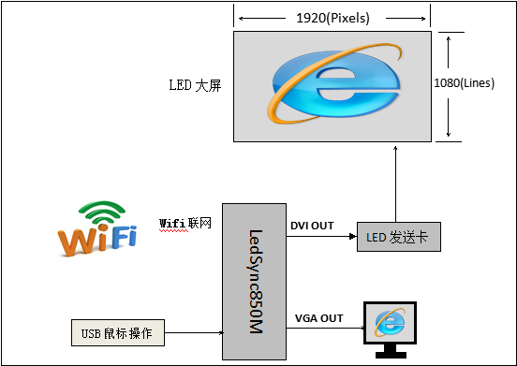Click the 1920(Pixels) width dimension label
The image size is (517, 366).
click(x=332, y=18)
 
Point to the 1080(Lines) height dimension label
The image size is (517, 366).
click(x=465, y=83)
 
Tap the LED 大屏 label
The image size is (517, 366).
click(x=195, y=86)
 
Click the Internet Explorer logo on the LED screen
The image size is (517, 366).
click(x=335, y=83)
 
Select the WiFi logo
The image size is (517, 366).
click(x=97, y=228)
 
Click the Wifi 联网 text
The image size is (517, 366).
click(x=185, y=224)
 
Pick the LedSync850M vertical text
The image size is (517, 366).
click(x=256, y=282)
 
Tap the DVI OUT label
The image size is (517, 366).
click(x=312, y=226)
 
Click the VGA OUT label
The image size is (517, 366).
click(x=318, y=318)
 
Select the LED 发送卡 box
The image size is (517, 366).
click(x=399, y=237)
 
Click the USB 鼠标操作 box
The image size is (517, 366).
click(x=118, y=332)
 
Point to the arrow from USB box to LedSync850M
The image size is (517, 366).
click(x=194, y=332)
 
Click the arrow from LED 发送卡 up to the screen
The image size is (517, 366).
click(x=395, y=184)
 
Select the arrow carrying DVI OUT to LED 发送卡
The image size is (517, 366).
click(x=321, y=236)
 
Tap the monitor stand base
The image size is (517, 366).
click(x=391, y=355)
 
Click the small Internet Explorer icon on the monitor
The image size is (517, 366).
click(x=390, y=323)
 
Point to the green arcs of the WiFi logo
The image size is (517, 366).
click(x=102, y=212)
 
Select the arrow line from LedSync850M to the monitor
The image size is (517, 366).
click(x=326, y=328)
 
